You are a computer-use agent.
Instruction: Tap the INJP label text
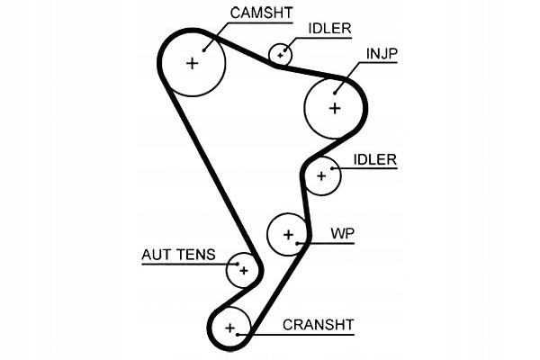(381, 55)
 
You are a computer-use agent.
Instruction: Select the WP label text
(342, 234)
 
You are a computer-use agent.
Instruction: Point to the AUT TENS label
(178, 255)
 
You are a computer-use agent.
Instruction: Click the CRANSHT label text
(319, 325)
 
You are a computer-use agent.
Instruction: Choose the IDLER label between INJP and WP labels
(374, 159)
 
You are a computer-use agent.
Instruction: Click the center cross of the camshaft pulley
(192, 63)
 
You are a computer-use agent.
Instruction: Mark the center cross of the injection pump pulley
(335, 108)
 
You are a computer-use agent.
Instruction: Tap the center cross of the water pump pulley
(289, 235)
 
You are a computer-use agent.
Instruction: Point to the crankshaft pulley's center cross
(230, 328)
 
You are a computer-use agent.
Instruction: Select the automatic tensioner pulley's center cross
(243, 269)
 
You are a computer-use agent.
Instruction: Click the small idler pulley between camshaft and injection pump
(281, 54)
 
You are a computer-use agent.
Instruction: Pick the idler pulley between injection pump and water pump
(321, 176)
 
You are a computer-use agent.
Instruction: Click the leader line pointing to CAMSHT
(219, 31)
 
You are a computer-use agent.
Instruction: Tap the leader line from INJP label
(350, 76)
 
